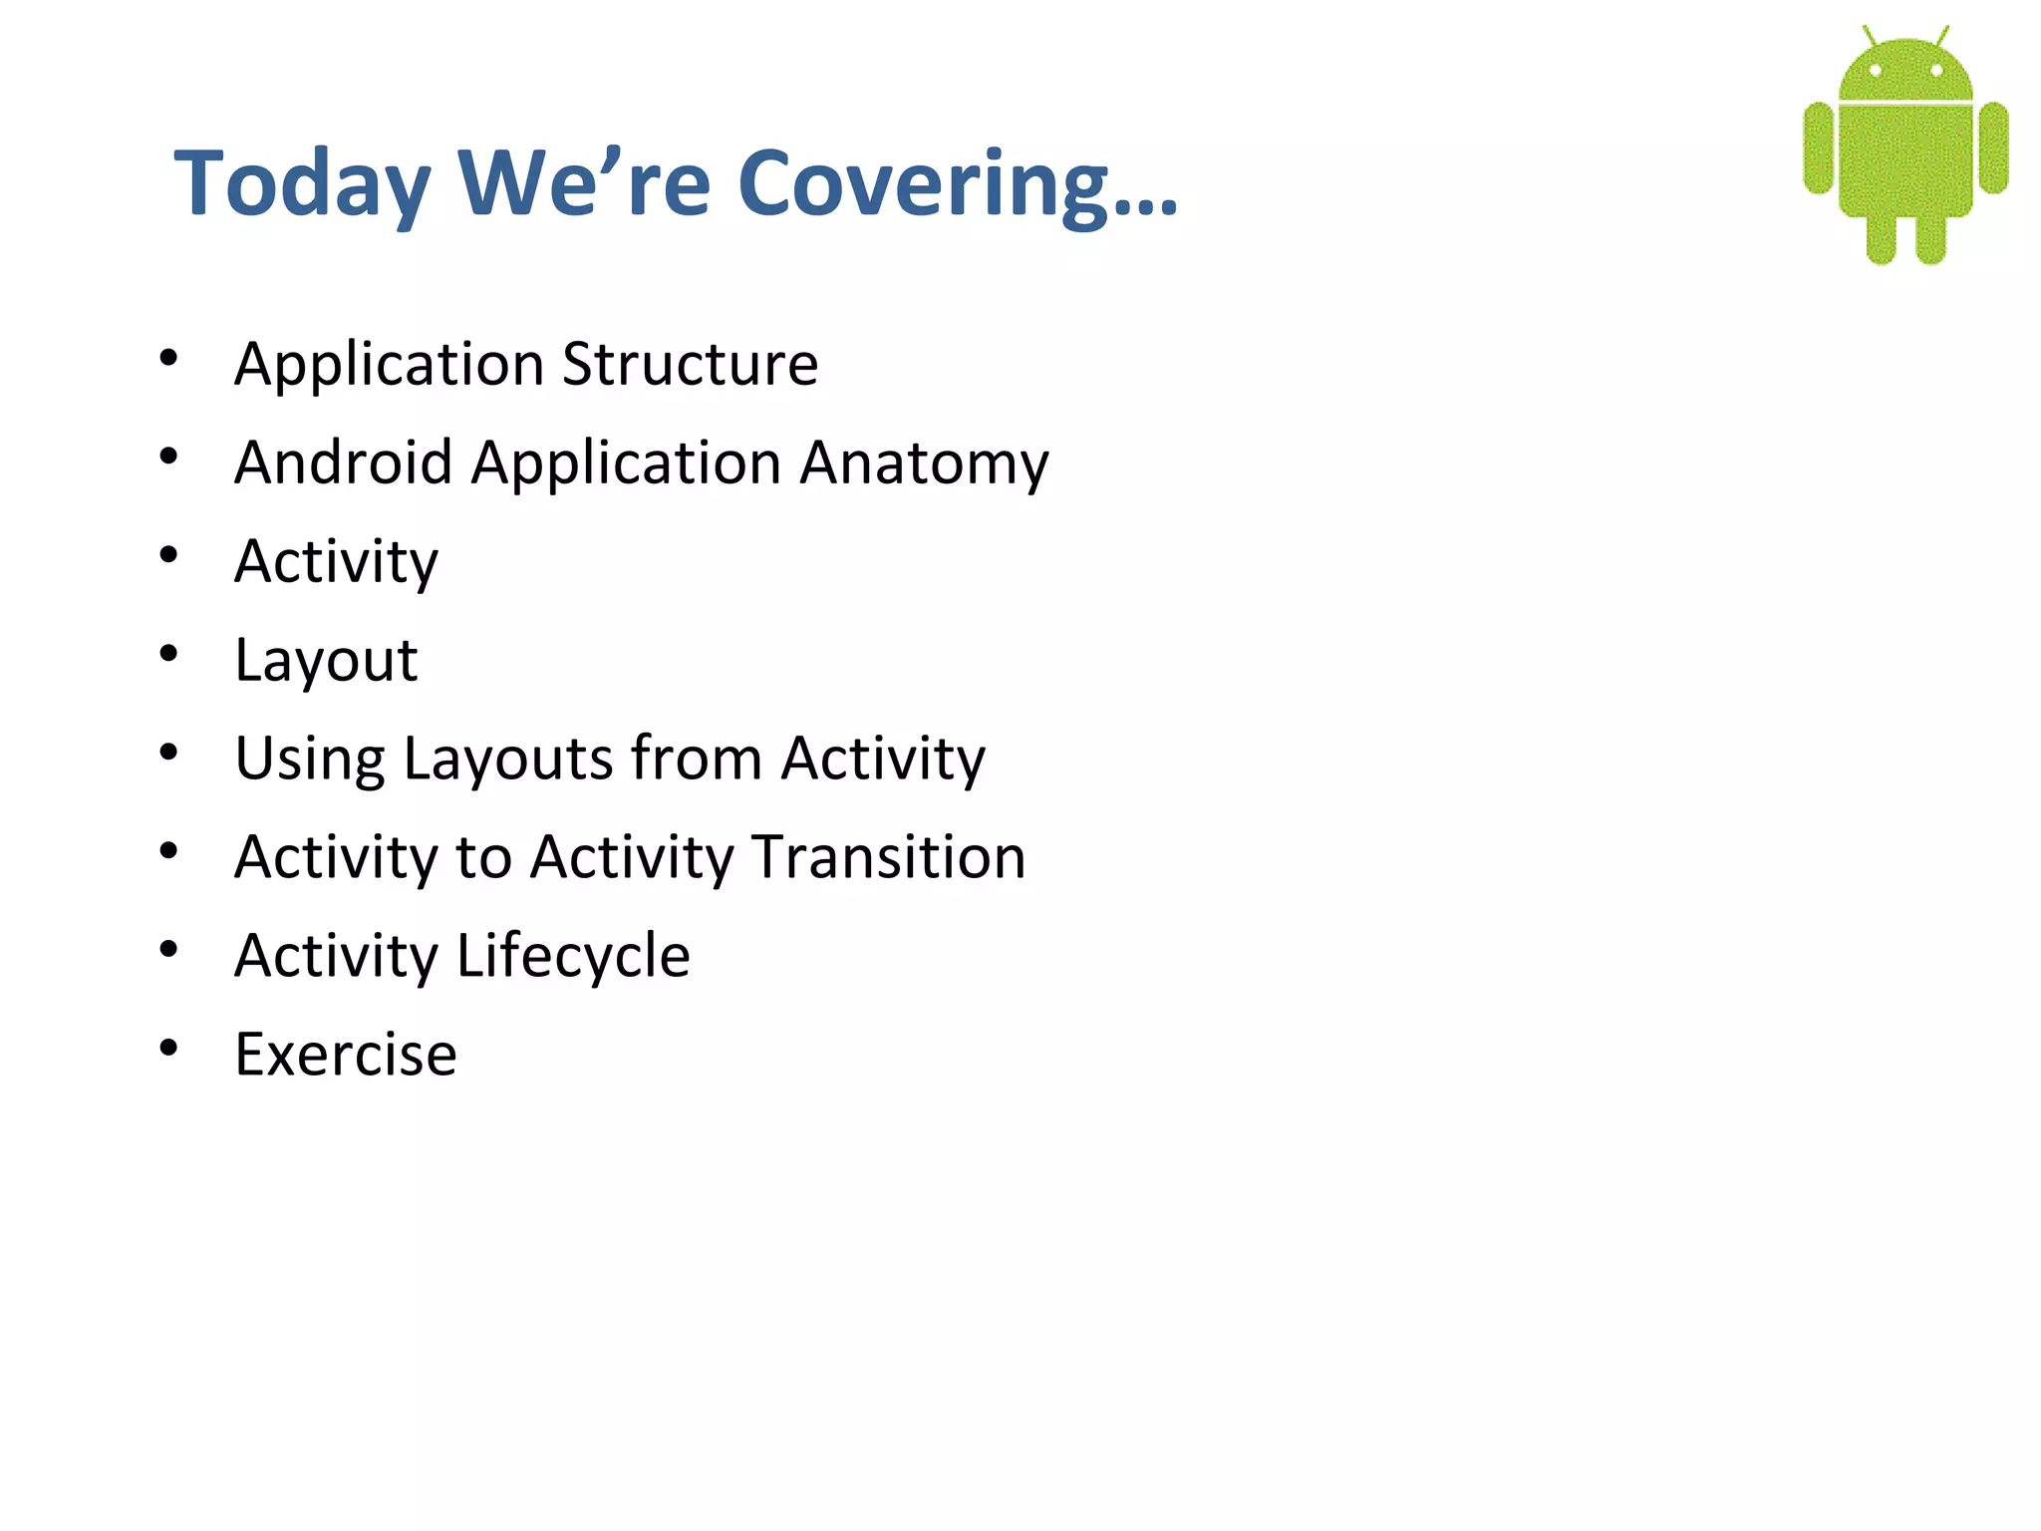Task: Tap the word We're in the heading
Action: click(583, 184)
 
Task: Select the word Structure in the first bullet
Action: click(690, 364)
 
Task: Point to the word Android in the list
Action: click(344, 463)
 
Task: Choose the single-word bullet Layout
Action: click(326, 661)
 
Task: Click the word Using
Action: click(309, 760)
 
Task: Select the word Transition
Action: click(889, 857)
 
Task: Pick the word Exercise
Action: click(346, 1055)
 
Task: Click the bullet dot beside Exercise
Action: click(168, 1048)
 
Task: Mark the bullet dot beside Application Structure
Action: click(168, 357)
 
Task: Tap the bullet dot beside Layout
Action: click(168, 653)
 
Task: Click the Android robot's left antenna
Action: click(1870, 36)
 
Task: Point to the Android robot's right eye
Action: click(1936, 71)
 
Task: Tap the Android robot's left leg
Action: click(1881, 239)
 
